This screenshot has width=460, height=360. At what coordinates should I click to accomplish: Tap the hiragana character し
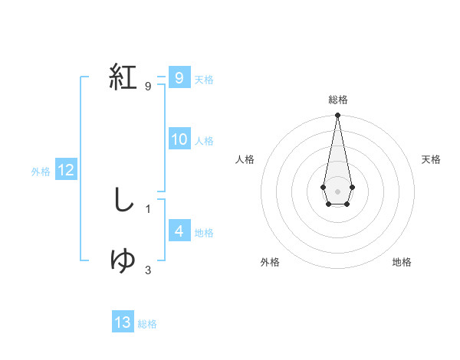(123, 201)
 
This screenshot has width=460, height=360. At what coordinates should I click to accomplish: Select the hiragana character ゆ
(123, 261)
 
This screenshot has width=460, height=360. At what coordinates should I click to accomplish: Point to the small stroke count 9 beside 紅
(147, 87)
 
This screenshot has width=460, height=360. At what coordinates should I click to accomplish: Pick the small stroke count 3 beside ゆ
(147, 270)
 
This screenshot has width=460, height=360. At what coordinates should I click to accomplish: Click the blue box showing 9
(179, 78)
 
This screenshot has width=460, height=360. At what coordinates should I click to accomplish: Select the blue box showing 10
(179, 139)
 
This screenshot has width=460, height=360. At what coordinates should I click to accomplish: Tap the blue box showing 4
(179, 231)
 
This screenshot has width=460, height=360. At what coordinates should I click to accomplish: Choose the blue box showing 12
(66, 170)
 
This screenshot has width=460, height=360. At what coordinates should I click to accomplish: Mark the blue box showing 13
(123, 322)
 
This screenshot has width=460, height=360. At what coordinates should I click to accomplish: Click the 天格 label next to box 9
(204, 79)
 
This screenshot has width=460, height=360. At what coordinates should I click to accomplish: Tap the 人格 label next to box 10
(204, 141)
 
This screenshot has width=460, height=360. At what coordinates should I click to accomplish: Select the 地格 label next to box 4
(204, 232)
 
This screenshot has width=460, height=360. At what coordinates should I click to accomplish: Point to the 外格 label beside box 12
(41, 172)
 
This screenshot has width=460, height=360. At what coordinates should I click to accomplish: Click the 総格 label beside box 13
(147, 324)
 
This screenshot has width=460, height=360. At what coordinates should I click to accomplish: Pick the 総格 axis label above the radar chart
(337, 100)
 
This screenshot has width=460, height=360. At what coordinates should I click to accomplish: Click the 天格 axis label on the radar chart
(431, 159)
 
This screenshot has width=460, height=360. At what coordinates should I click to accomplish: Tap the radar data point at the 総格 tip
(337, 116)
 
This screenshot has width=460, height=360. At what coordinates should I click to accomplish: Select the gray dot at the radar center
(337, 190)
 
